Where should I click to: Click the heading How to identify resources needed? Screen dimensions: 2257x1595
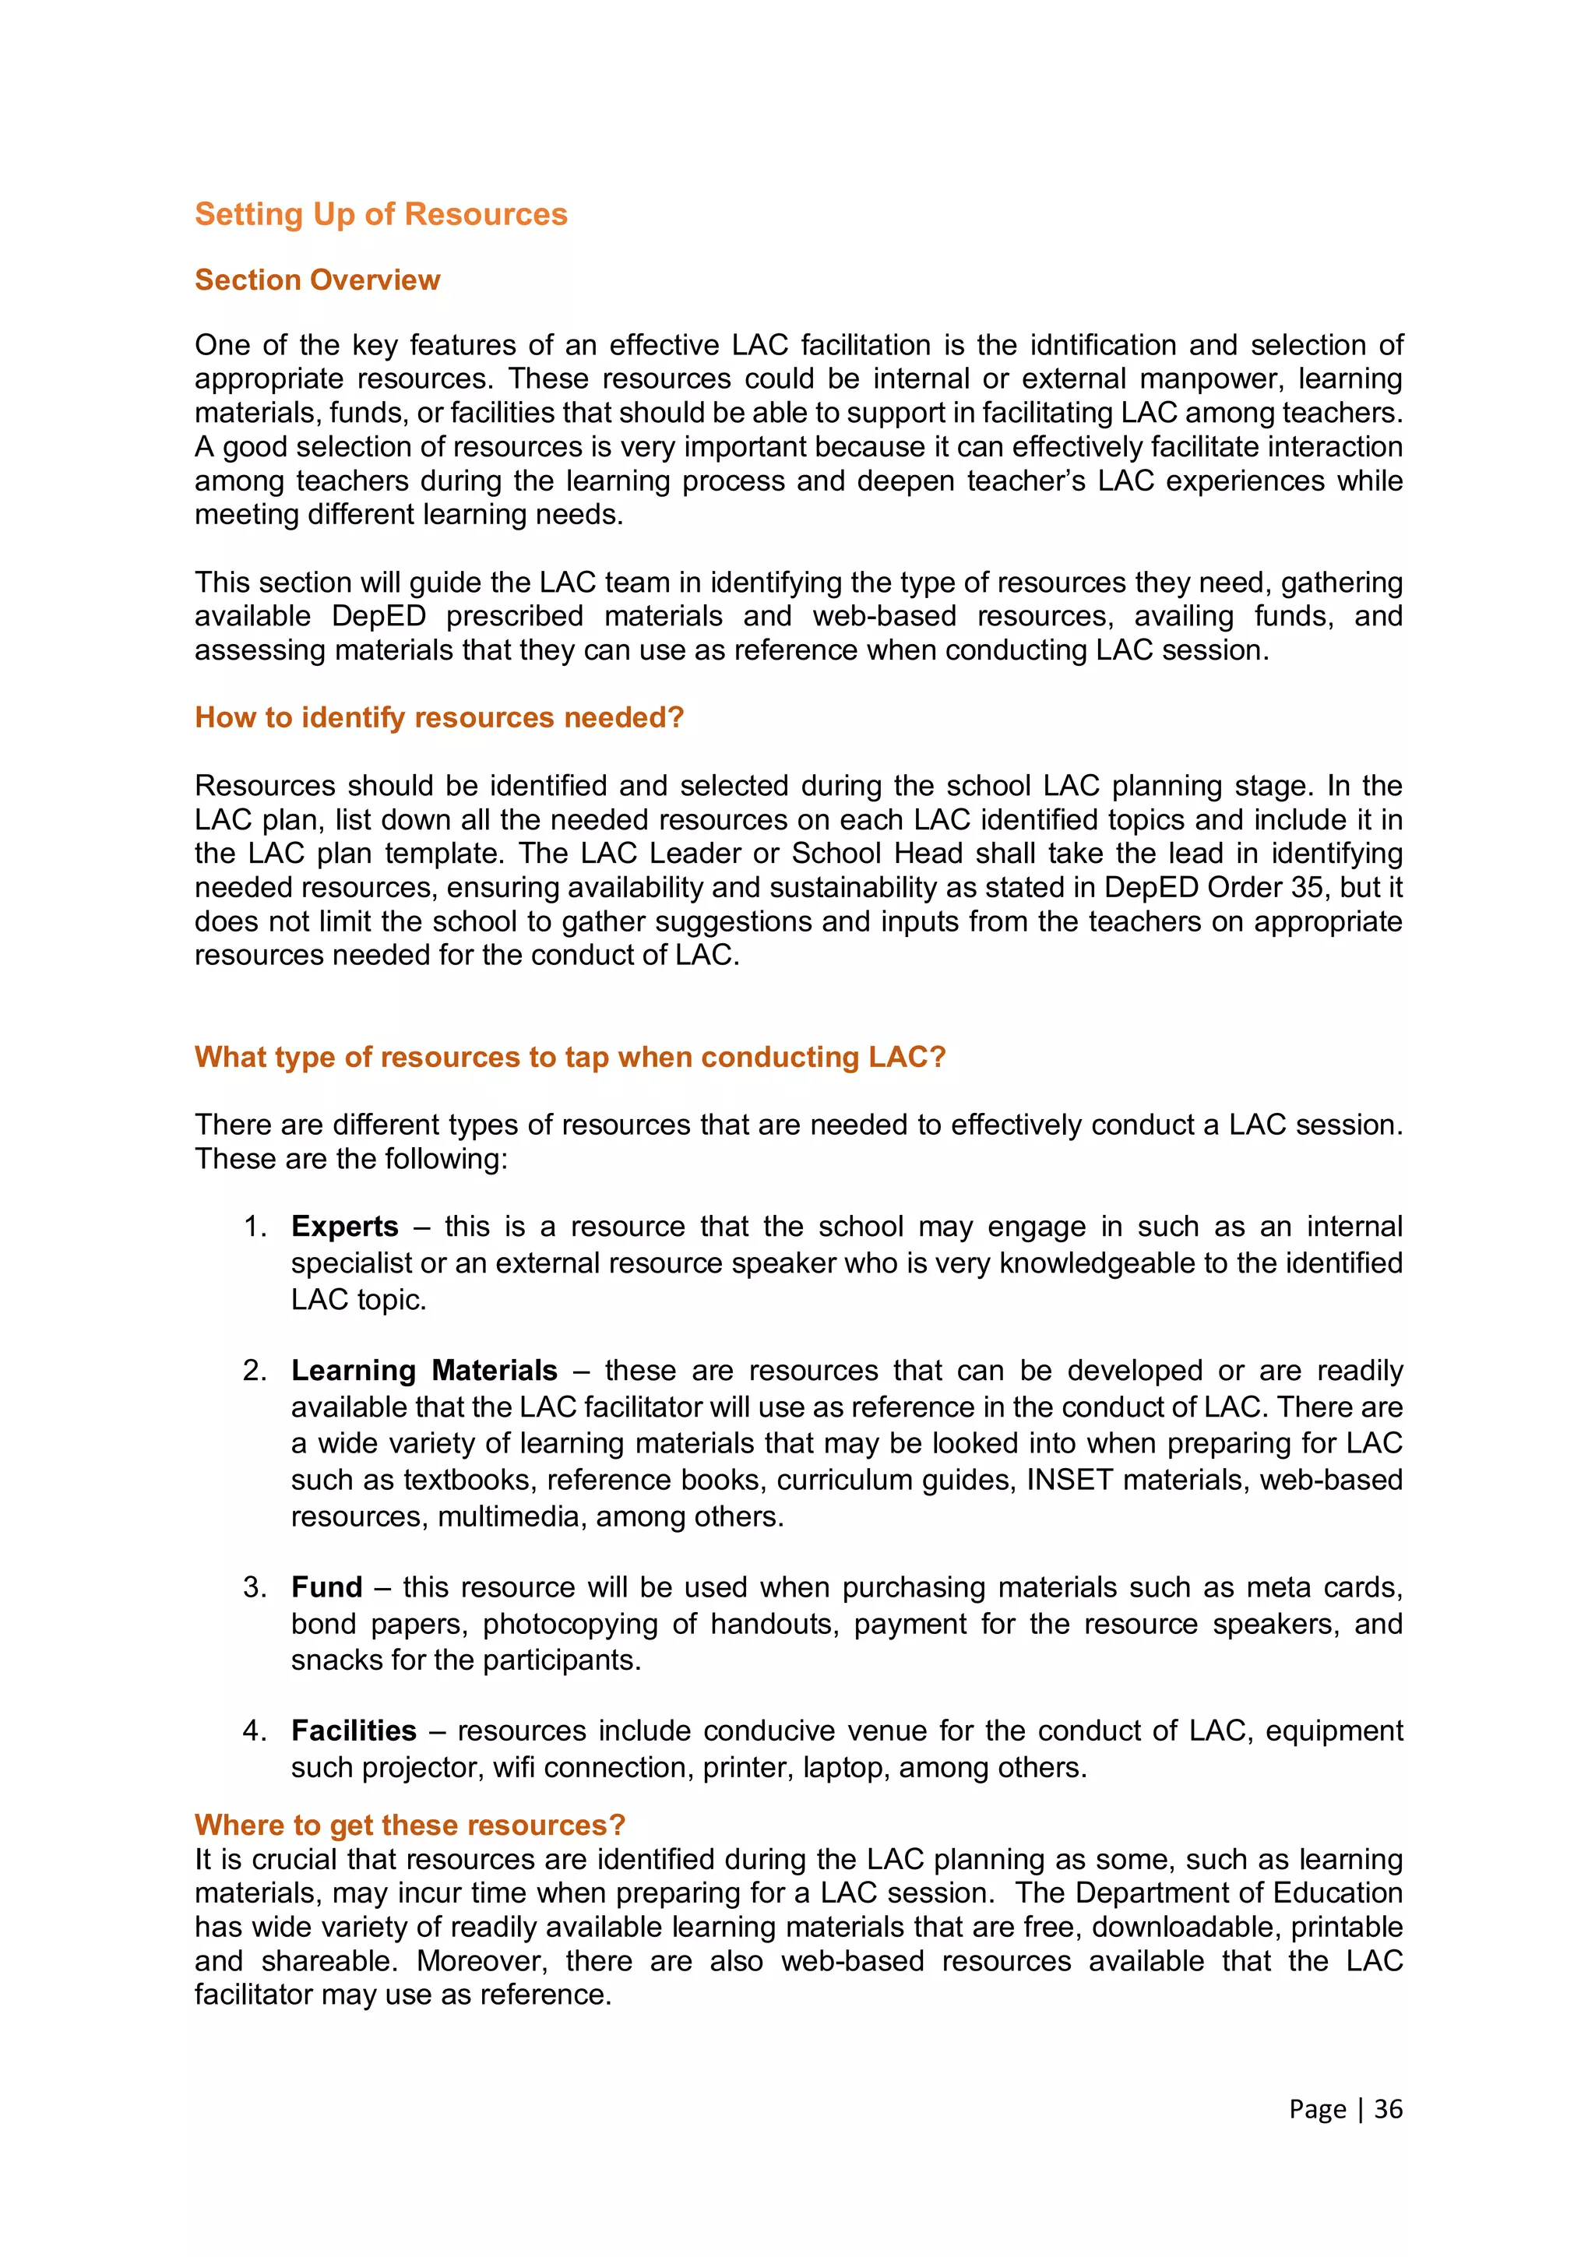pyautogui.click(x=438, y=717)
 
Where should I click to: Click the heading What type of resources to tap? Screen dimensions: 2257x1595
pyautogui.click(x=569, y=1057)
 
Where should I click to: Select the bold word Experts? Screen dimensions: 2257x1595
pyautogui.click(x=344, y=1227)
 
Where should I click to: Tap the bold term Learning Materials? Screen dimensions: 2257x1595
pyautogui.click(x=424, y=1371)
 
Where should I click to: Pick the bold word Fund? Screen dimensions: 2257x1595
pyautogui.click(x=326, y=1587)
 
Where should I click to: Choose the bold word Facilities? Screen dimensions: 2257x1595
pyautogui.click(x=354, y=1731)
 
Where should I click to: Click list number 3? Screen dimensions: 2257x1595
pyautogui.click(x=255, y=1587)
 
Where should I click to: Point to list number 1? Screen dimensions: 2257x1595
pyautogui.click(x=255, y=1227)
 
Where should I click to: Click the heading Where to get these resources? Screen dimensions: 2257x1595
pyautogui.click(x=410, y=1826)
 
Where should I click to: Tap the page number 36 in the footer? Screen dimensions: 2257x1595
pyautogui.click(x=1388, y=2110)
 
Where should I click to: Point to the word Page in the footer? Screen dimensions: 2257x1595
pyautogui.click(x=1317, y=2110)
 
